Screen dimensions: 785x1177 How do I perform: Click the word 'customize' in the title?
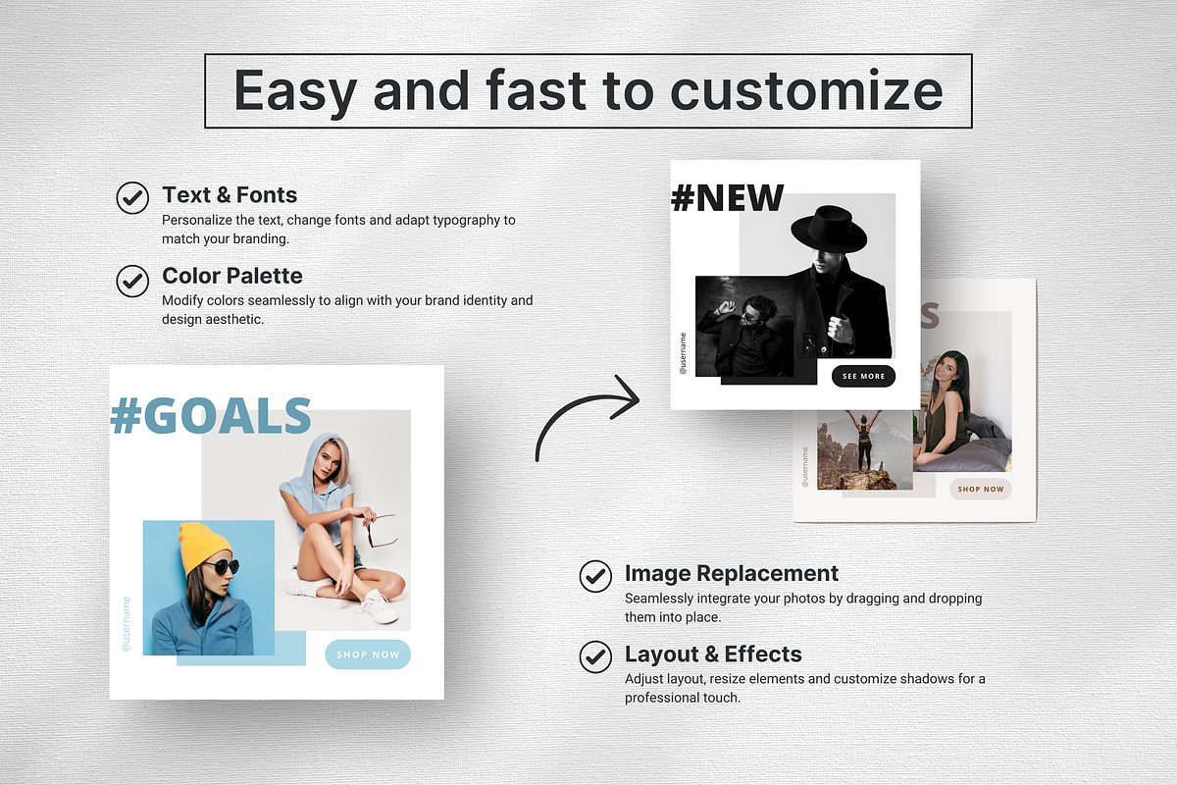coord(806,91)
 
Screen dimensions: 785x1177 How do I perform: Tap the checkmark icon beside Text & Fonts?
coord(132,197)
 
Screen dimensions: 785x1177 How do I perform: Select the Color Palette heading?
coord(232,276)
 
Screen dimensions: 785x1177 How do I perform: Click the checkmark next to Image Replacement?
coord(595,576)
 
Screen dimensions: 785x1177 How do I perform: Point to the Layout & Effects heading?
coord(713,654)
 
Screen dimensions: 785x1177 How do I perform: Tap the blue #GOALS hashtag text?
coord(211,416)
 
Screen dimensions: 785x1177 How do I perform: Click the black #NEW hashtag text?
coord(727,198)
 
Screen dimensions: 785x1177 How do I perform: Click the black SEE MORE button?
coord(863,376)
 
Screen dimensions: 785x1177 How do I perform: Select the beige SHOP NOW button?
coord(980,489)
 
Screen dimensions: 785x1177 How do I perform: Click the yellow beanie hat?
coord(204,547)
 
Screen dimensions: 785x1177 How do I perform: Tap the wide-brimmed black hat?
coord(830,228)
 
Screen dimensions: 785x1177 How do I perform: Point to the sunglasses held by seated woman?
coord(382,531)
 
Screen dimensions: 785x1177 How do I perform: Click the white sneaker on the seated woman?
coord(379,606)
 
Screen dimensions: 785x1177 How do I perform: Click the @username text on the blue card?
coord(127,624)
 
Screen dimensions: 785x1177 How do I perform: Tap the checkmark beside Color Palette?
coord(132,281)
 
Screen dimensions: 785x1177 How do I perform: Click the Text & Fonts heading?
coord(230,194)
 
